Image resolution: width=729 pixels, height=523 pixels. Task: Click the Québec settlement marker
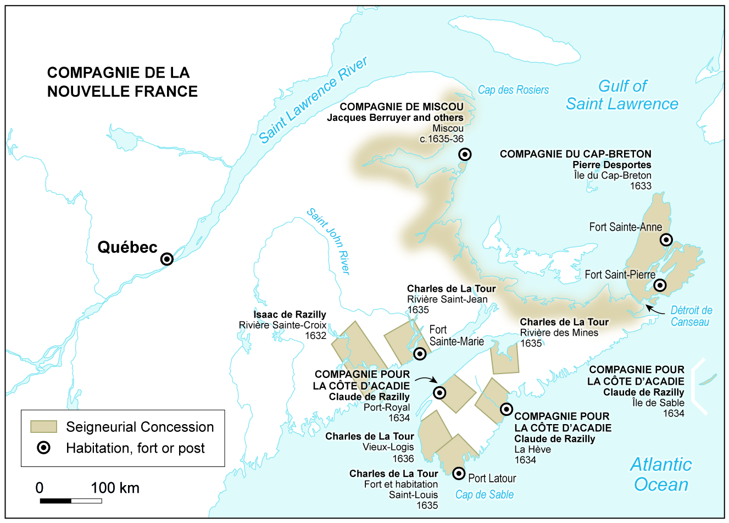166,259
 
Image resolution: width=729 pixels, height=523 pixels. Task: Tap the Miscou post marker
465,154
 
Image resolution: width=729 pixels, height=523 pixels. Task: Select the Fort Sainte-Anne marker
666,240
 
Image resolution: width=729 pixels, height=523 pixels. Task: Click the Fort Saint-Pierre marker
660,285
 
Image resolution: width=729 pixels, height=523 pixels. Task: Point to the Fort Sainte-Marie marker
420,353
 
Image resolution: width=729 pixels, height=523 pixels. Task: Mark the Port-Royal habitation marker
439,392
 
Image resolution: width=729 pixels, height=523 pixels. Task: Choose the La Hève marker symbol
506,409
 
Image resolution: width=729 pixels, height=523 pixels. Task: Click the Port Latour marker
458,472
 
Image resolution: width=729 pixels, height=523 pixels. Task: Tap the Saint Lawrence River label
313,101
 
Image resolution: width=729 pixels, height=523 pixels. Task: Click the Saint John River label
329,241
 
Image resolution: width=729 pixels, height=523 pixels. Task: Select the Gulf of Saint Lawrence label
622,95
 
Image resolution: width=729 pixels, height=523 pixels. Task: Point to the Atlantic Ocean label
661,475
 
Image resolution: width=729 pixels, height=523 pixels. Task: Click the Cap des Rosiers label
513,90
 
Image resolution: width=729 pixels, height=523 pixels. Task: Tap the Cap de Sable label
484,494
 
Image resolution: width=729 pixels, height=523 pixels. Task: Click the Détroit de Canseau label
691,316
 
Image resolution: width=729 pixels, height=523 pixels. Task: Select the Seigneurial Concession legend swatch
43,427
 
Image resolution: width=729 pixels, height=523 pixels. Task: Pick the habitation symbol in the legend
43,448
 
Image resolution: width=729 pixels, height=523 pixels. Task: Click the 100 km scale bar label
115,488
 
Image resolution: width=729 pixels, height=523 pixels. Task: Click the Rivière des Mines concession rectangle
505,358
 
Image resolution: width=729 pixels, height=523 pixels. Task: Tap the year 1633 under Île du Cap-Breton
640,186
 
